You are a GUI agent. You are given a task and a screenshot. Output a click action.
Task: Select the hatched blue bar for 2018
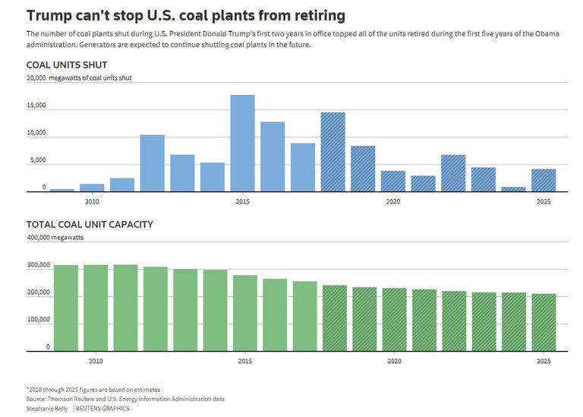tap(332, 152)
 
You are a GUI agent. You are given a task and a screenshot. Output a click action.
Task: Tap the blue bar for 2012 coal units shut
tap(152, 163)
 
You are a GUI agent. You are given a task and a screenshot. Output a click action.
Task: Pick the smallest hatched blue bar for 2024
tap(513, 189)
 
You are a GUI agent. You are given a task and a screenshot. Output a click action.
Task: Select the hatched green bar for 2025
tap(543, 322)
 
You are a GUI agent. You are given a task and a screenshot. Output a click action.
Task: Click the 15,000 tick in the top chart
tap(36, 106)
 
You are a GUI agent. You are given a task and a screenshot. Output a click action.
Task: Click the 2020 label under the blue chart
tap(392, 201)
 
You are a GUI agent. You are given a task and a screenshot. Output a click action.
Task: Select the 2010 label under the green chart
tap(96, 361)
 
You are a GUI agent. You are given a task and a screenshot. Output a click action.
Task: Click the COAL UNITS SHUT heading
tap(67, 65)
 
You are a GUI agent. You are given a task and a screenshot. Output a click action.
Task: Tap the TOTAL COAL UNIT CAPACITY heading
tap(90, 224)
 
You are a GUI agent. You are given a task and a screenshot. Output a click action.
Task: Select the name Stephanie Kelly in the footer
tap(47, 408)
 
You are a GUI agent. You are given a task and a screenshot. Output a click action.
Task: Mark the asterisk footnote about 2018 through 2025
tap(93, 390)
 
